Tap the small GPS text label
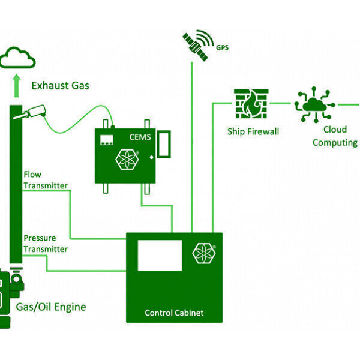223,46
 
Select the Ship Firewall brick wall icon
251,103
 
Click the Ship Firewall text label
253,131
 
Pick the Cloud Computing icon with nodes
313,105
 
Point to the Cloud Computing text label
334,136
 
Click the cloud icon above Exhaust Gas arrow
18,58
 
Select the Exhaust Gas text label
60,86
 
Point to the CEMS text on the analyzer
139,137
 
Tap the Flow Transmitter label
45,180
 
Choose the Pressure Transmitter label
45,244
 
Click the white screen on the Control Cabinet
160,255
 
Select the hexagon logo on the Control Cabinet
204,253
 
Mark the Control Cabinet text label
174,313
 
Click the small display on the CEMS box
108,140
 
